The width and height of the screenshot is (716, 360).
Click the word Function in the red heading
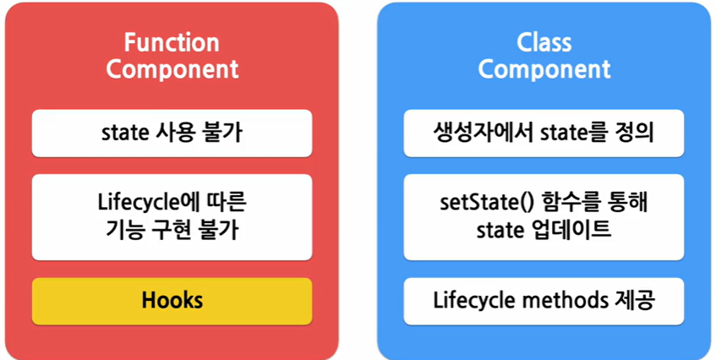(172, 43)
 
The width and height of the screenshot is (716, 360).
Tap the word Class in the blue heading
(544, 43)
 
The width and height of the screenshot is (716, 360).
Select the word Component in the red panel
(172, 69)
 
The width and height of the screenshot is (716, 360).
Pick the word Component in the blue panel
(544, 69)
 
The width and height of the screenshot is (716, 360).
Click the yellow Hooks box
(172, 301)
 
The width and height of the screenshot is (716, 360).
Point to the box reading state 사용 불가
(172, 134)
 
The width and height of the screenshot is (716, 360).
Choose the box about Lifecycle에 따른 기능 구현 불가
(172, 217)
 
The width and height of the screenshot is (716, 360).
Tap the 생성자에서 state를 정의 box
(544, 134)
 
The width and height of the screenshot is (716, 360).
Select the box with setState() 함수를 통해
(544, 217)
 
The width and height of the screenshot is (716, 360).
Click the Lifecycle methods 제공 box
(544, 301)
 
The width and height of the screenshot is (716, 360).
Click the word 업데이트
(578, 230)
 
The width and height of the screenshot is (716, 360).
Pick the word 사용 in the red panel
(178, 134)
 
